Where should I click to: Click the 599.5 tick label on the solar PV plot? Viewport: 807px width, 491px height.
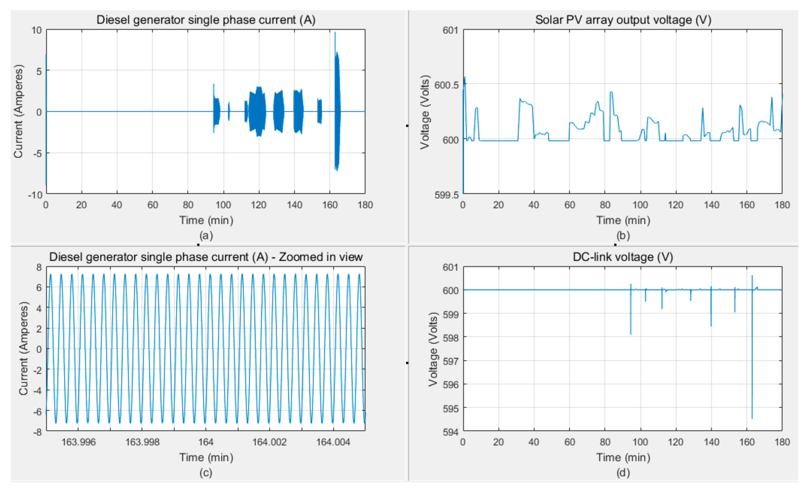tap(446, 195)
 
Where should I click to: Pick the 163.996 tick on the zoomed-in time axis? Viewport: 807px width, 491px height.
tap(79, 442)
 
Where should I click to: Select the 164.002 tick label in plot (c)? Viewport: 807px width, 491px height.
tap(269, 442)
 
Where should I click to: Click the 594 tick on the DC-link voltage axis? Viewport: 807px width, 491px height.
tap(451, 432)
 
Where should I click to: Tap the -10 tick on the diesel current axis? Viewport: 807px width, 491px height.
tap(35, 195)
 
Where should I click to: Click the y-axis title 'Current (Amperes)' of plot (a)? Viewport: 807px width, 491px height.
tap(18, 112)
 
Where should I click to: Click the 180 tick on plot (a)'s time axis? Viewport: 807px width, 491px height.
tap(365, 205)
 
